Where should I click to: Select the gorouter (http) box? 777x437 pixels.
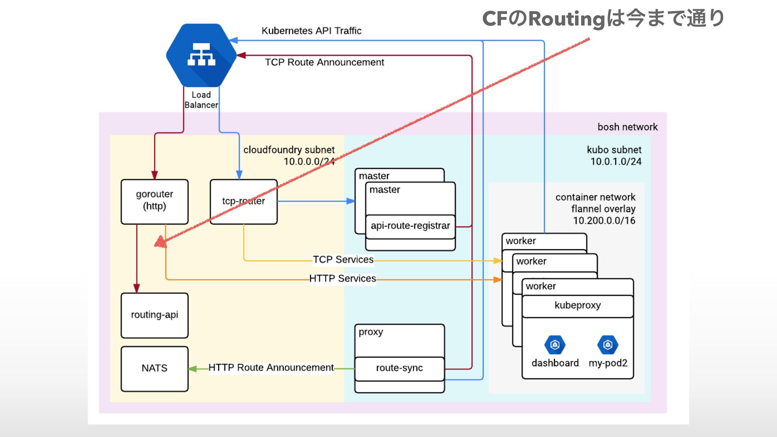[x=155, y=202]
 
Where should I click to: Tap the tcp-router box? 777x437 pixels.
[x=244, y=202]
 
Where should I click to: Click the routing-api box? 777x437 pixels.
[x=155, y=315]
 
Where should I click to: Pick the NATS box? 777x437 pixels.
[x=155, y=368]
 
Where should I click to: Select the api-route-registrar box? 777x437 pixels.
[x=410, y=226]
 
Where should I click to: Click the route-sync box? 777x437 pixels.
[x=399, y=368]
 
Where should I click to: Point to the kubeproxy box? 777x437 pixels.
[x=577, y=305]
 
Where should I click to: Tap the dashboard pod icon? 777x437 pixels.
[x=555, y=345]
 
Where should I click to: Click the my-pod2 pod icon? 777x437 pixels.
[x=607, y=345]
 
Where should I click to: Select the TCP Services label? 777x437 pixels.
[x=343, y=260]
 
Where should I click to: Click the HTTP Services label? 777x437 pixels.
[x=342, y=279]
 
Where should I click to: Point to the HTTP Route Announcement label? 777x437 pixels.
[x=271, y=368]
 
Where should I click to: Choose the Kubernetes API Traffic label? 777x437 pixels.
[x=311, y=31]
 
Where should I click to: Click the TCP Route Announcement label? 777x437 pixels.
[x=325, y=62]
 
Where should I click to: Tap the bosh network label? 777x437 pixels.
[x=627, y=127]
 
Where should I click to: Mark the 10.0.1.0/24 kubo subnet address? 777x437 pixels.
[x=616, y=162]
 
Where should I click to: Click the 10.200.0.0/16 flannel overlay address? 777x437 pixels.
[x=604, y=221]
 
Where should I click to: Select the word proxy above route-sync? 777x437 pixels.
[x=371, y=332]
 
